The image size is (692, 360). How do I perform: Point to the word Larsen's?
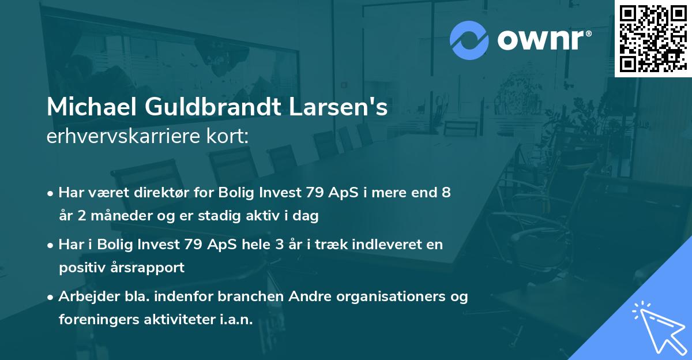click(343, 107)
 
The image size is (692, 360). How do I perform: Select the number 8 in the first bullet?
click(445, 193)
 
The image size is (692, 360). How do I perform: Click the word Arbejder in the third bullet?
click(86, 297)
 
